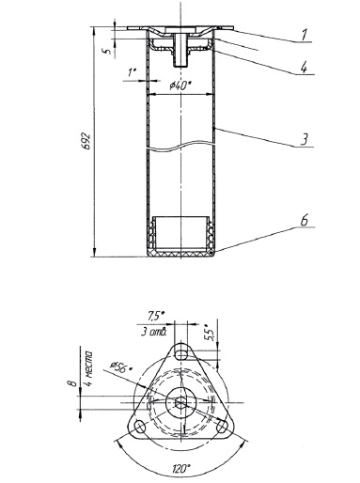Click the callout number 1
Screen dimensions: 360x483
pos(304,35)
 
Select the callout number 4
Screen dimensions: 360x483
pos(304,67)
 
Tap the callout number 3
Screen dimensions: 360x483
pos(304,139)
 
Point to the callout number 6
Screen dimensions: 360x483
pos(304,220)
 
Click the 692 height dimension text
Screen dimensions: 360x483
pos(87,142)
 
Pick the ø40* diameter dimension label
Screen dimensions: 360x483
pos(180,86)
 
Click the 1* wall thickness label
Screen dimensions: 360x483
pos(132,72)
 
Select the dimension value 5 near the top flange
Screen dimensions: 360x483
pos(107,51)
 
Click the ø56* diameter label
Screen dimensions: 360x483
pos(120,366)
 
